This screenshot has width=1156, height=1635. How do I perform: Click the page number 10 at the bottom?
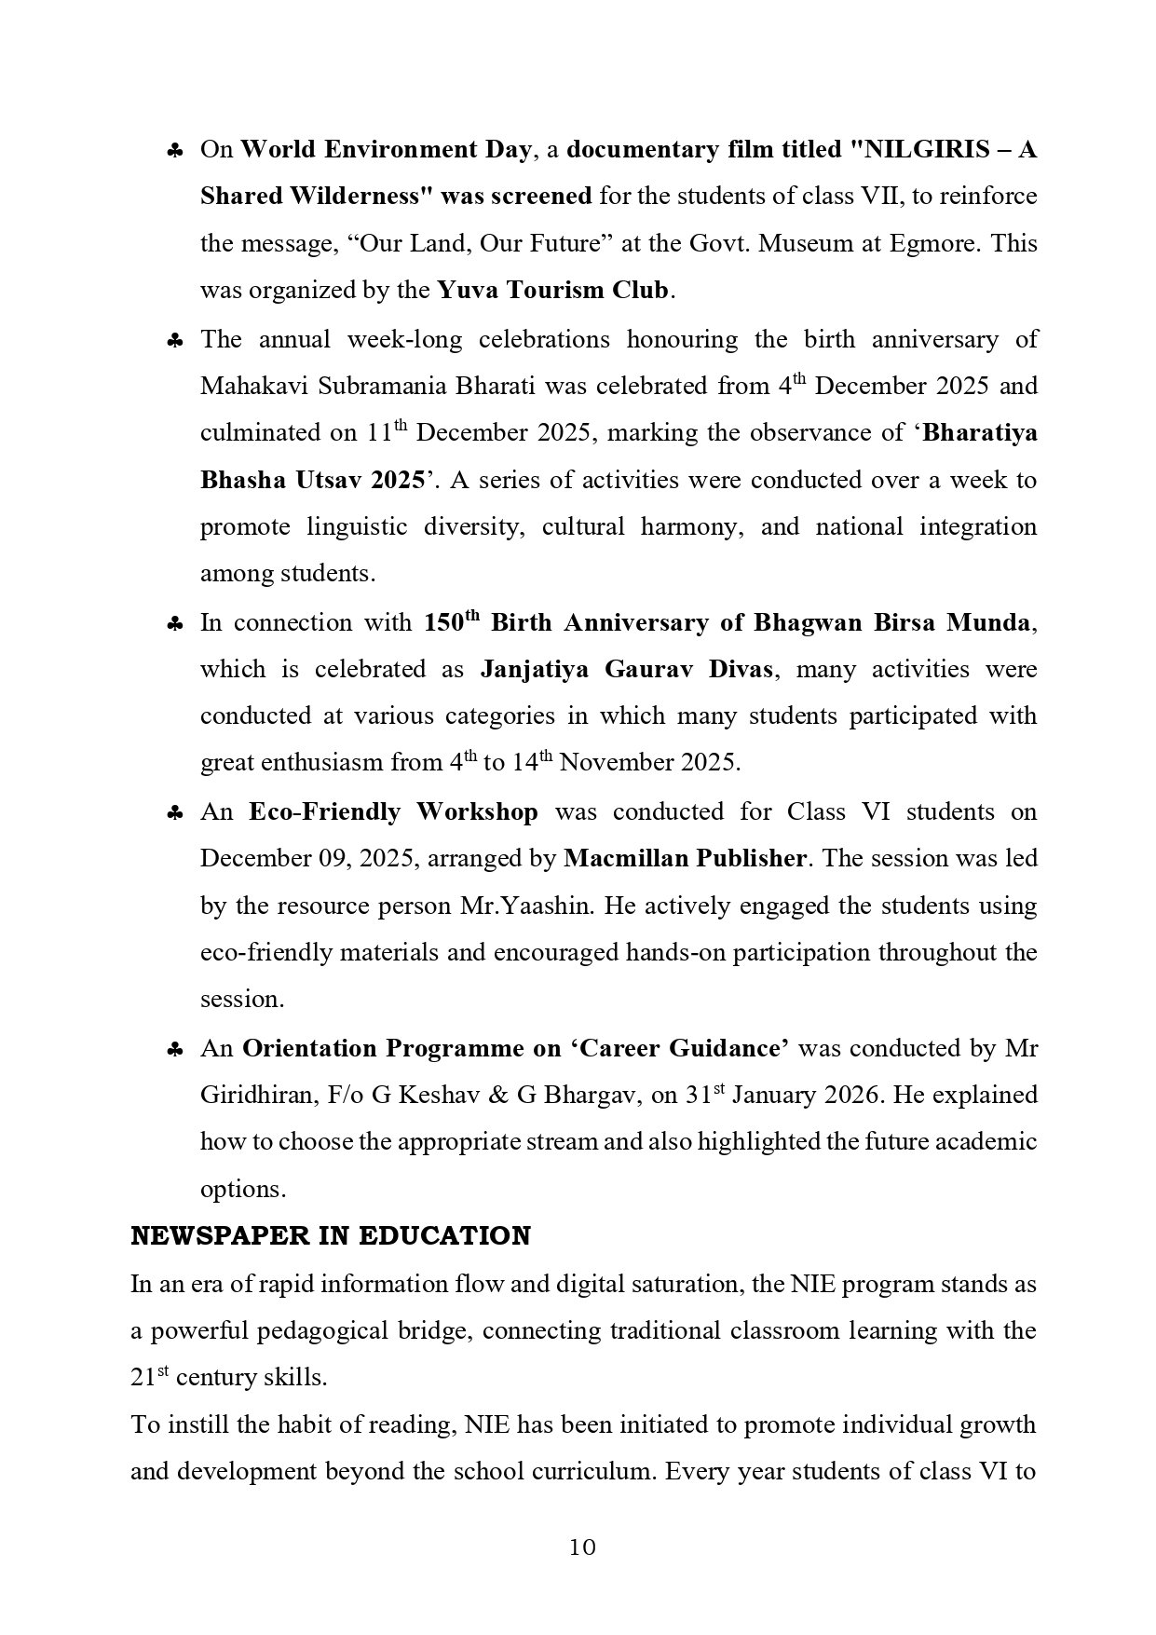(581, 1547)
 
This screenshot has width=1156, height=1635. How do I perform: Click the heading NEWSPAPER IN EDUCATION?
(331, 1235)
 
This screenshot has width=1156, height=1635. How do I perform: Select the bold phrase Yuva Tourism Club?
(553, 290)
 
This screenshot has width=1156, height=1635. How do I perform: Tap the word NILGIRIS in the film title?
(932, 149)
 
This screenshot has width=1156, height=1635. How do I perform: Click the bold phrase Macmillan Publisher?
(685, 858)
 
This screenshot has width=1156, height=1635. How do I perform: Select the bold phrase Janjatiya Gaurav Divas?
(626, 669)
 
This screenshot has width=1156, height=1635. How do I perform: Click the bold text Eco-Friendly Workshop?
(393, 811)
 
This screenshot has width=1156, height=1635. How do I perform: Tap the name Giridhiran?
(255, 1095)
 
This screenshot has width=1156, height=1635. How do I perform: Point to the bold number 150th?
(451, 621)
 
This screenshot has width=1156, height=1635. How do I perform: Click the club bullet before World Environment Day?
(174, 151)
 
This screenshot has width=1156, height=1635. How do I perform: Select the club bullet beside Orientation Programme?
(174, 1050)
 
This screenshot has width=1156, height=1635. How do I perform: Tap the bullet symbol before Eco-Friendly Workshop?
(174, 813)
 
